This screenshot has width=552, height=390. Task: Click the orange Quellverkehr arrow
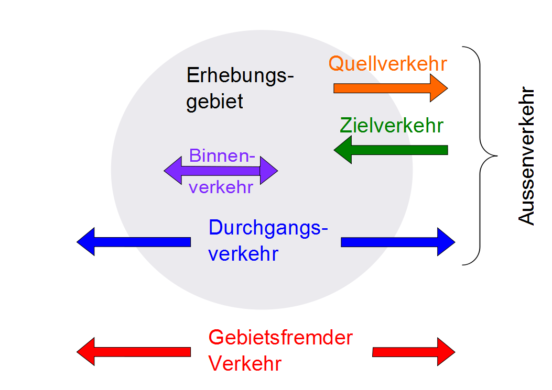390,88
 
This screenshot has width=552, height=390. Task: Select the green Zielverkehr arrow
391,150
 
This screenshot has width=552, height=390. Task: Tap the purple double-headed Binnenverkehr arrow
221,171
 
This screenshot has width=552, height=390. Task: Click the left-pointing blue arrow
133,242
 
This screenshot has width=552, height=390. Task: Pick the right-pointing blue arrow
398,242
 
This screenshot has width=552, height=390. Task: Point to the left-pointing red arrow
133,352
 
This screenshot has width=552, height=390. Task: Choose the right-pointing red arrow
414,352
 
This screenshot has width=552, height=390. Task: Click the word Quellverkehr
387,64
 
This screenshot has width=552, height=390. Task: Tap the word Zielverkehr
391,126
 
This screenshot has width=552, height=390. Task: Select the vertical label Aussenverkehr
527,156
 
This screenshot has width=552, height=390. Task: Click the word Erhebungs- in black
240,76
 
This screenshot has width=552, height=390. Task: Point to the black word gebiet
215,101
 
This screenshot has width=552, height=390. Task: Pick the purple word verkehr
221,187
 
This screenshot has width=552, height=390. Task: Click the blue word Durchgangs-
268,228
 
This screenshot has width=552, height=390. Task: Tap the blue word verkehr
243,254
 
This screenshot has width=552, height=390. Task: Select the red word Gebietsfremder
280,338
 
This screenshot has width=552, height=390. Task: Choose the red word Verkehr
245,363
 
